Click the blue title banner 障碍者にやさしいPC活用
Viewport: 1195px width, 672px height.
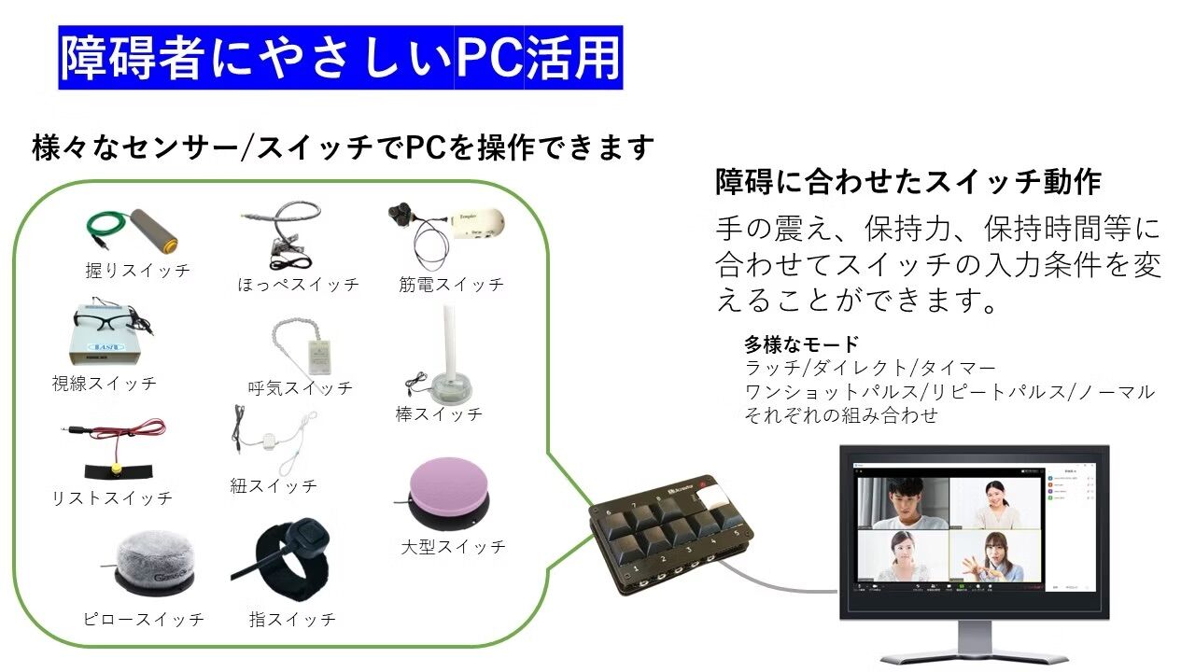pyautogui.click(x=341, y=58)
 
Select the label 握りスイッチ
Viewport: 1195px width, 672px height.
pyautogui.click(x=137, y=271)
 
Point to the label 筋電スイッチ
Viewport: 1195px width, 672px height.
pyautogui.click(x=451, y=285)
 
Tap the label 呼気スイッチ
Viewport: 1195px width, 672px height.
pyautogui.click(x=301, y=387)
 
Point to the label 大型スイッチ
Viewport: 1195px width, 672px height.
pyautogui.click(x=453, y=547)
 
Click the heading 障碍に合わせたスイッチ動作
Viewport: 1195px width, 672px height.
pyautogui.click(x=908, y=182)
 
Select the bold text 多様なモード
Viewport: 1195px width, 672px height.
pyautogui.click(x=801, y=343)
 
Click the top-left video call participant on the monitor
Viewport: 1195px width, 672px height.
pyautogui.click(x=903, y=503)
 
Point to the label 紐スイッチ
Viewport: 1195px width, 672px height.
pyautogui.click(x=274, y=485)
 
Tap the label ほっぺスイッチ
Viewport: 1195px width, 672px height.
pyautogui.click(x=298, y=285)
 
